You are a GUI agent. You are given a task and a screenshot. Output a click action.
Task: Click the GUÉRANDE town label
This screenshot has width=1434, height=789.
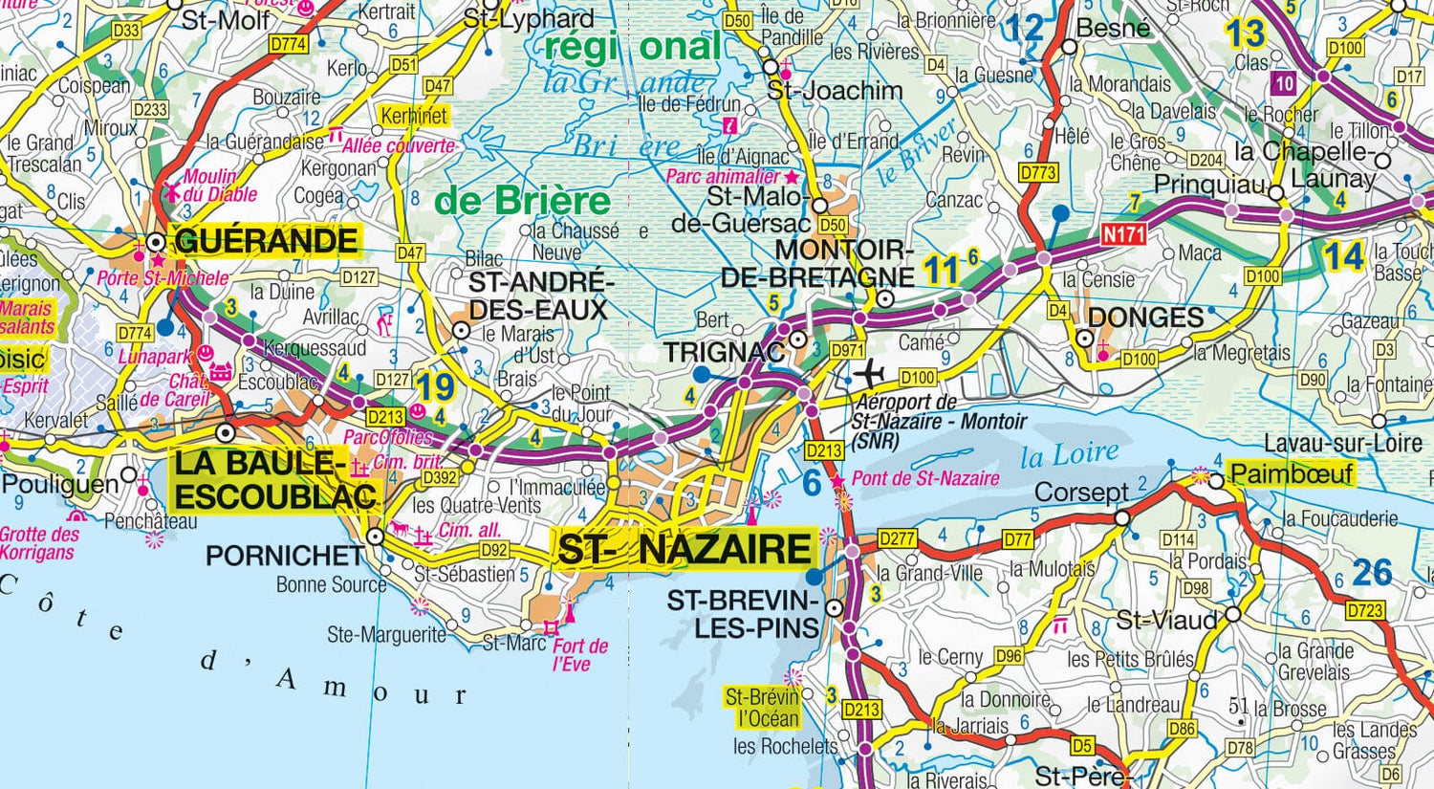pyautogui.click(x=266, y=241)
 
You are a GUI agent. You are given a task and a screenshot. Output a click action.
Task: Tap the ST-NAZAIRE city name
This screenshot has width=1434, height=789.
pyautogui.click(x=684, y=550)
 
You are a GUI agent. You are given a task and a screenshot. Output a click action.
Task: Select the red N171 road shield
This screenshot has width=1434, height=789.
pyautogui.click(x=1123, y=233)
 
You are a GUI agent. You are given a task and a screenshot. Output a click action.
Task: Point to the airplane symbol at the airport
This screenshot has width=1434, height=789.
pyautogui.click(x=871, y=371)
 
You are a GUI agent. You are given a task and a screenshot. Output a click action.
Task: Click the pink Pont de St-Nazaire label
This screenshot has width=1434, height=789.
pyautogui.click(x=924, y=478)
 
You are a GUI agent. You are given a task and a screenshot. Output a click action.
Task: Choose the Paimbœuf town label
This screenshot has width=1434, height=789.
pyautogui.click(x=1292, y=473)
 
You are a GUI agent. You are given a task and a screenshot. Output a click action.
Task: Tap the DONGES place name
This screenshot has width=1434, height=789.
pyautogui.click(x=1145, y=318)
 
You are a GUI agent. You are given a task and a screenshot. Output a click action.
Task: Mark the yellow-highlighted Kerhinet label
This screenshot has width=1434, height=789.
pyautogui.click(x=414, y=116)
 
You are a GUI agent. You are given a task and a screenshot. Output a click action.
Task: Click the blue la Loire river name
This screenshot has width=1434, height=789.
pyautogui.click(x=1069, y=456)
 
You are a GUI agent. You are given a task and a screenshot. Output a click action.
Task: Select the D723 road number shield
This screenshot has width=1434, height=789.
pyautogui.click(x=1364, y=610)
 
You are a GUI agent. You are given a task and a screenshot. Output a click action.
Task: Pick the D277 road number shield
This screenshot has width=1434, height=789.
pyautogui.click(x=897, y=539)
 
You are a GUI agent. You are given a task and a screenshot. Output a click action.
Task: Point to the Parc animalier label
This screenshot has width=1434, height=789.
pyautogui.click(x=724, y=177)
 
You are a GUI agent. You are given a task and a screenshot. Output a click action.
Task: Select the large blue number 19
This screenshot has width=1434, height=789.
pyautogui.click(x=434, y=387)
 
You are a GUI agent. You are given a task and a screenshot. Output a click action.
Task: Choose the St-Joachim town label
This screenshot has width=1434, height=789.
pyautogui.click(x=835, y=91)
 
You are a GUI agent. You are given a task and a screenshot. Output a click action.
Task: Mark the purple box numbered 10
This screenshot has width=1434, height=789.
pyautogui.click(x=1284, y=84)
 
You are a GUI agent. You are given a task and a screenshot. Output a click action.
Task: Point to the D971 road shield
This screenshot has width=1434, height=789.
pyautogui.click(x=847, y=350)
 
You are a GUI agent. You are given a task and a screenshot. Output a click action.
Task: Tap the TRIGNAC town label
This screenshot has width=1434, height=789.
pyautogui.click(x=723, y=352)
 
